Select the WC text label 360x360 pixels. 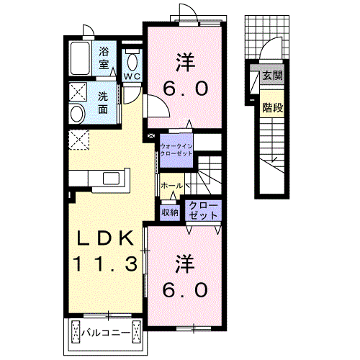pos(132,76)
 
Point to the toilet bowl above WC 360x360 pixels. pos(132,58)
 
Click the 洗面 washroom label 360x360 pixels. pos(104,103)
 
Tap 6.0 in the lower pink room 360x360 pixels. pos(184,289)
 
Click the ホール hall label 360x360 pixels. pos(171,186)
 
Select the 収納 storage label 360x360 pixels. pos(170,212)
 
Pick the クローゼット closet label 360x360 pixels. pos(202,210)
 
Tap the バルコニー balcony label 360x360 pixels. pos(104,333)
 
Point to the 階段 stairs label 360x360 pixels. pos(271,107)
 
